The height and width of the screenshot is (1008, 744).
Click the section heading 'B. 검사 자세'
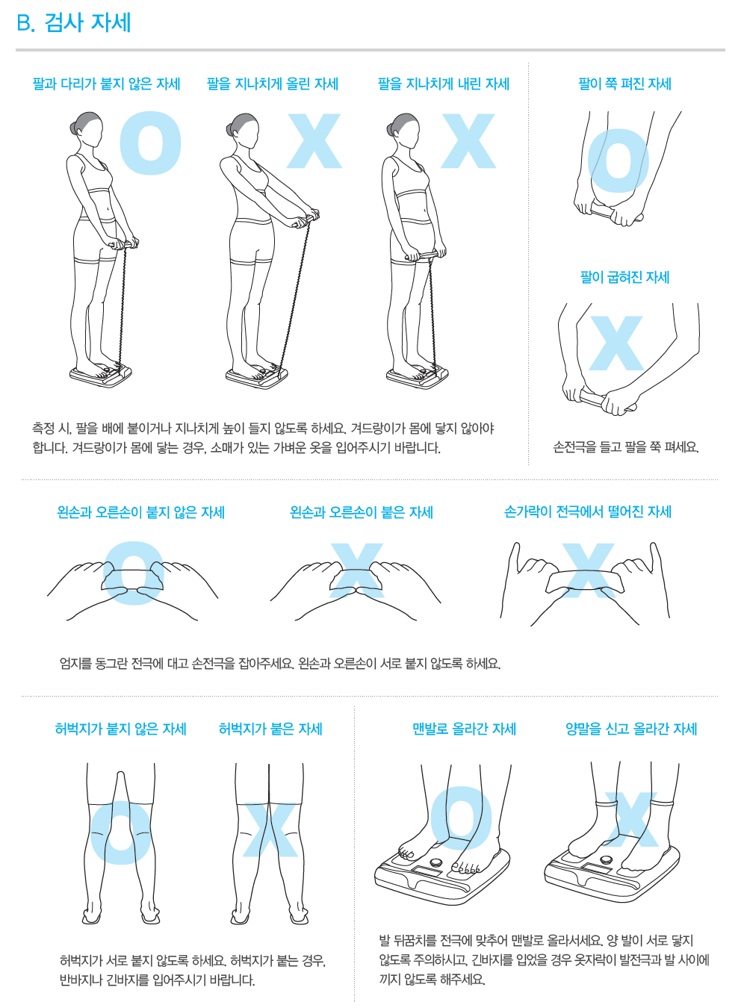[x=74, y=22]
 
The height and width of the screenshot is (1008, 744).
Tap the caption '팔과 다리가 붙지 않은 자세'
[x=106, y=84]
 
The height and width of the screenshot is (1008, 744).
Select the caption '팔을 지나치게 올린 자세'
[x=273, y=84]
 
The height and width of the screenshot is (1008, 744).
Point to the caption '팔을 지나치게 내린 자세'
[x=444, y=84]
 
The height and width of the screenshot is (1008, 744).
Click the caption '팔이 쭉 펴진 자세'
[x=624, y=84]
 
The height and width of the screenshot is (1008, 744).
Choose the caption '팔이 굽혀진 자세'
[x=624, y=277]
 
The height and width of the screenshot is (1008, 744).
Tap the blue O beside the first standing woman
[x=151, y=143]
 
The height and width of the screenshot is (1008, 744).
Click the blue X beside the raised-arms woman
[x=314, y=141]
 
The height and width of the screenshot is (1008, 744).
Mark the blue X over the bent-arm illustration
[x=616, y=343]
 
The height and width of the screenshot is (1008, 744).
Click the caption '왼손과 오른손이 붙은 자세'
[x=362, y=513]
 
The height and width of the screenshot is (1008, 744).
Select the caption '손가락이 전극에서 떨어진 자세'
[x=588, y=512]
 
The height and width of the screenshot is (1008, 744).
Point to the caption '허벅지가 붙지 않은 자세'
[x=120, y=729]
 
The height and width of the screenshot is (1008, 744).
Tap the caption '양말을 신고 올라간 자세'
[x=631, y=729]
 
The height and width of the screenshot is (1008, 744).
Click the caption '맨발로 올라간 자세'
[x=465, y=729]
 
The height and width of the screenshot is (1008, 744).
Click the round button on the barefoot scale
[x=435, y=862]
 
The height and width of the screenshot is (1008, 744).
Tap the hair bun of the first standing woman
[x=74, y=128]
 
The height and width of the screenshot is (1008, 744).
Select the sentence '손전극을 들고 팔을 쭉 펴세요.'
[x=626, y=447]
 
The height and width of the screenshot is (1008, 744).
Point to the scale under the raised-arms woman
[x=257, y=376]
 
